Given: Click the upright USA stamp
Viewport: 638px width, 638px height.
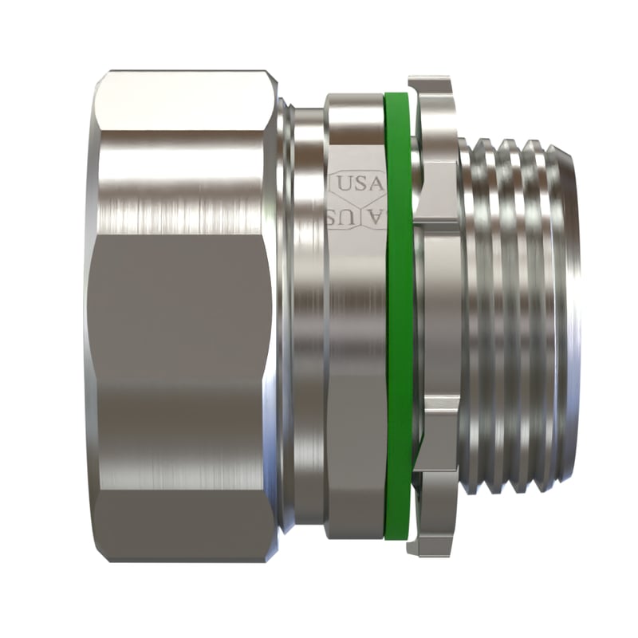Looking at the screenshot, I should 356,183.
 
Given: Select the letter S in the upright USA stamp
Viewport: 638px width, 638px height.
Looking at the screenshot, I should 359,183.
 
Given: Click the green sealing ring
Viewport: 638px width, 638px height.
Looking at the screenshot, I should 398,319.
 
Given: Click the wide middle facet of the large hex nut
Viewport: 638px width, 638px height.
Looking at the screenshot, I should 183,319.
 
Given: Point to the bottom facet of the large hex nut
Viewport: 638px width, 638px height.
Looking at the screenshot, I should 183,526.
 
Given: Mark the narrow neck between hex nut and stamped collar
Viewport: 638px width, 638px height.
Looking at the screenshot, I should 307,319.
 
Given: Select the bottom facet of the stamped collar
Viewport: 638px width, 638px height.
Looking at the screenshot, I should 355,510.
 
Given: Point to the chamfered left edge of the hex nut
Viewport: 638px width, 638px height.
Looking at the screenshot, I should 89,319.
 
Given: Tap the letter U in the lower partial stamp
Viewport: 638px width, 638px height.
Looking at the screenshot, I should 338,217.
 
